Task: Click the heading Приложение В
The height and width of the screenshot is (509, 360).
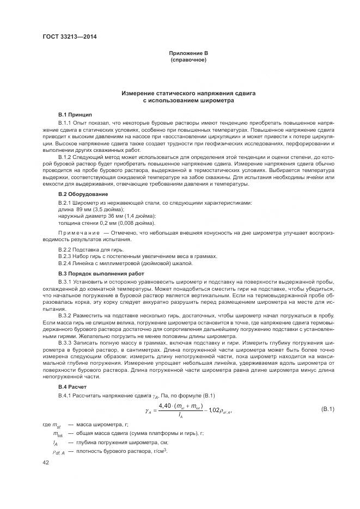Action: point(188,53)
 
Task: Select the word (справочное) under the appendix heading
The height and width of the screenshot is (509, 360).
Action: point(188,59)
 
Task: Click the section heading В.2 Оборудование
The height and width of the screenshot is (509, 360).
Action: point(83,194)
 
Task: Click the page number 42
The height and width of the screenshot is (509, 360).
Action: point(46,462)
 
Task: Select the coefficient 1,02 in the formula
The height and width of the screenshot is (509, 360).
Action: point(215,410)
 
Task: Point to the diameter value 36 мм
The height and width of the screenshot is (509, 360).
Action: point(114,216)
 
